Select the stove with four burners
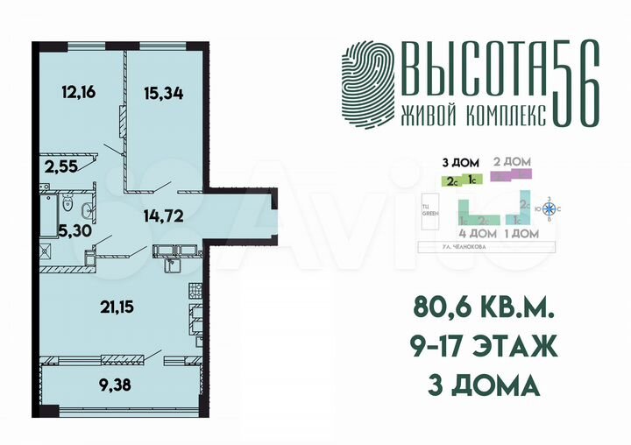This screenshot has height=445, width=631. pyautogui.click(x=195, y=292)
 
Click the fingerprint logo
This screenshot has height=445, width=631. pyautogui.click(x=367, y=83)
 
